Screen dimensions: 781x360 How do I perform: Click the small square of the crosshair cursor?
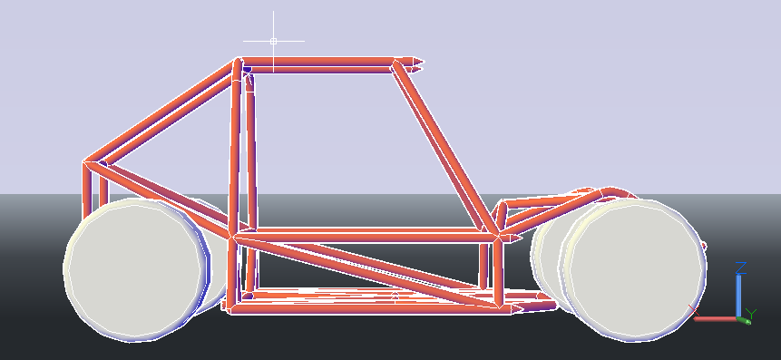point(273,42)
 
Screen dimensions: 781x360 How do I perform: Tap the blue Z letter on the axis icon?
point(741,268)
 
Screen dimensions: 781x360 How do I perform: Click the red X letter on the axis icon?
point(694,310)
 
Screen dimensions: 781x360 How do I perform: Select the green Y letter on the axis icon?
point(751,314)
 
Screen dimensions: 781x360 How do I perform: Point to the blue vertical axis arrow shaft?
point(738,296)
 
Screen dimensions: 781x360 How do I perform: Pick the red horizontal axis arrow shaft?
point(716,318)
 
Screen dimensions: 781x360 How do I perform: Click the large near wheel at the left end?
point(135,270)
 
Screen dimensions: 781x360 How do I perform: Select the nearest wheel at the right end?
point(635,270)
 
